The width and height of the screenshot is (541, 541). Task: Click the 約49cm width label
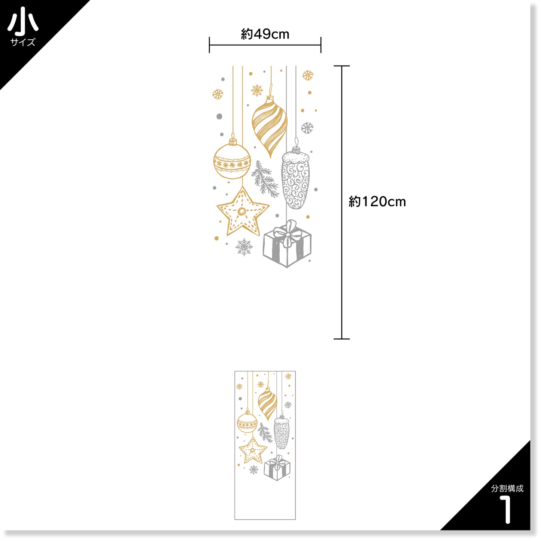[x=265, y=34]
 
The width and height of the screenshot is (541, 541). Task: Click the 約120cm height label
[x=377, y=201]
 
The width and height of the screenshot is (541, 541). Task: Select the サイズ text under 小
[x=23, y=42]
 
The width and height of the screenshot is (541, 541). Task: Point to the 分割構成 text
[x=507, y=489]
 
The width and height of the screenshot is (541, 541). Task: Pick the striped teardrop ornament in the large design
[x=270, y=126]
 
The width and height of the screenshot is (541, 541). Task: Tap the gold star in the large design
[x=243, y=211]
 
